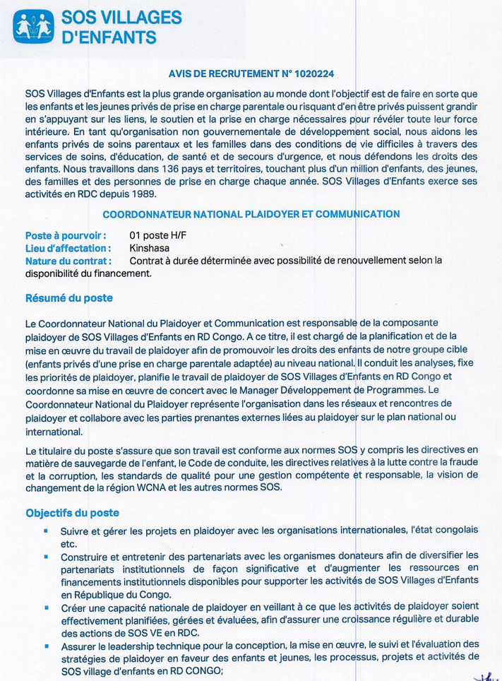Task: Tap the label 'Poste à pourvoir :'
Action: [66, 236]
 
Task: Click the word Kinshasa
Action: [150, 248]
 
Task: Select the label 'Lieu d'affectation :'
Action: [68, 248]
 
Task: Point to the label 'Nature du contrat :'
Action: [68, 260]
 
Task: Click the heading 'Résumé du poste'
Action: [68, 298]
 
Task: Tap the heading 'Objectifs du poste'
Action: [72, 512]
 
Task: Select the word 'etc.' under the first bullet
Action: [68, 544]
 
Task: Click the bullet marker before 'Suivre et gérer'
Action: [45, 530]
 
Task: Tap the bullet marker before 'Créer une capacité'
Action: [45, 607]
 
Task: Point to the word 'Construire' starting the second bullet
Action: [85, 556]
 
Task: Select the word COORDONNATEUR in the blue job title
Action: [143, 214]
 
